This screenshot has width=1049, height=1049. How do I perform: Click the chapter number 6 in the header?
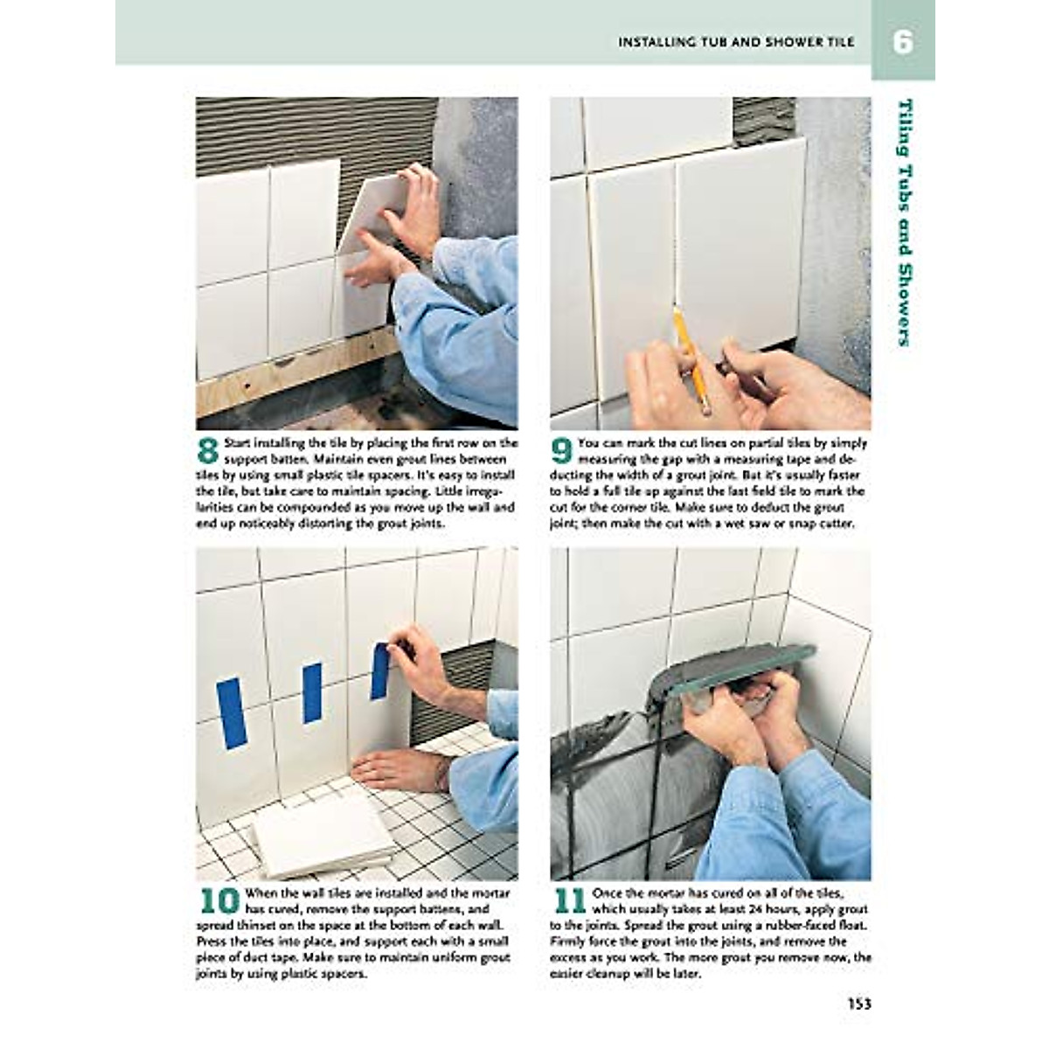(x=902, y=42)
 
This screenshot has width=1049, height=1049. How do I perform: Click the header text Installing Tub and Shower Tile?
(x=736, y=42)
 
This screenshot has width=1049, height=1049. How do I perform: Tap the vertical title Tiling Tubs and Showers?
(x=906, y=223)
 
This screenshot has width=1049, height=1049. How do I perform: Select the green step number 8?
(x=207, y=451)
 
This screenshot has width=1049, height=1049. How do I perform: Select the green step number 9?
(x=562, y=451)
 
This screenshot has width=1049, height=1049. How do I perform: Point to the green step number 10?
(x=219, y=901)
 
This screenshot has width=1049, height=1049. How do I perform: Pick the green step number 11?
(x=569, y=901)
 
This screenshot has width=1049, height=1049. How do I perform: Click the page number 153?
(x=858, y=1004)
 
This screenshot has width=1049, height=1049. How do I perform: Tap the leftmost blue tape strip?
(x=232, y=712)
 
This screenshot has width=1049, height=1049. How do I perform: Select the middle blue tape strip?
(x=312, y=692)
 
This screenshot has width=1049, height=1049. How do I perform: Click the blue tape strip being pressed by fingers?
(x=379, y=671)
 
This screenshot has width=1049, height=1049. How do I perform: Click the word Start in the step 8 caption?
(x=239, y=443)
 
